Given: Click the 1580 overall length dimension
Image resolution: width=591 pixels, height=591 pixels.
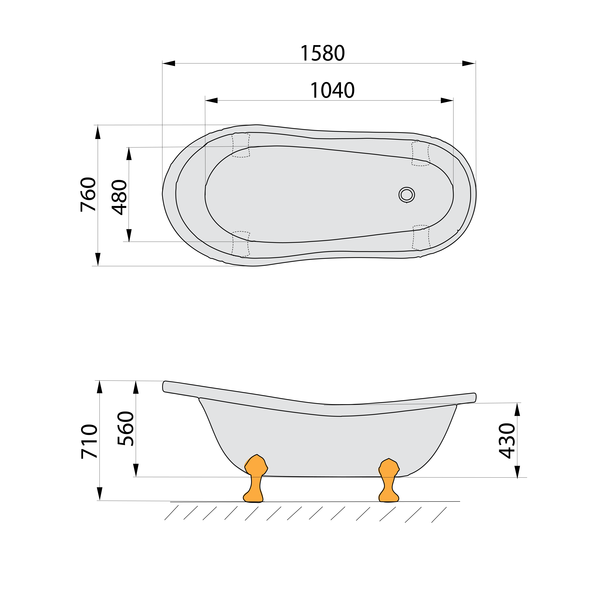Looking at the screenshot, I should coord(322,53).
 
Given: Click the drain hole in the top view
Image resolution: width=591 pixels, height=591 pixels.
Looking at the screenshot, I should coord(407,195).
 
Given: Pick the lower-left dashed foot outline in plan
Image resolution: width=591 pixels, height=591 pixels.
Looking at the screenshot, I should coord(241,244).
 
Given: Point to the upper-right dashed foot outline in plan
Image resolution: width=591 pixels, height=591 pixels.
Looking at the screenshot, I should coord(421,154).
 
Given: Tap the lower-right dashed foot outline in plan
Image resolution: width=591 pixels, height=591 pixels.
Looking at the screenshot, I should coord(421,237).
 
